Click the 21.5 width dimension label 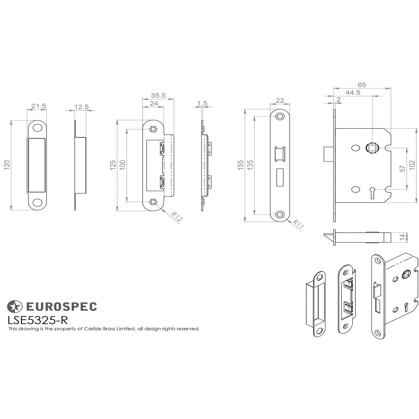point(38,106)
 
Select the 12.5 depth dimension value point(81,107)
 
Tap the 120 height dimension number point(6,166)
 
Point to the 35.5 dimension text point(158,96)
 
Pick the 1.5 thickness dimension point(202,103)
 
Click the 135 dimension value point(250,165)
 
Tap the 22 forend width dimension point(280,101)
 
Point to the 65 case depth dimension point(362,85)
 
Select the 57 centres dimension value point(403,168)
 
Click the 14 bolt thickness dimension point(403,237)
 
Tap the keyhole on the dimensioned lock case point(372,191)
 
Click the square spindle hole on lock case point(371,147)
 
